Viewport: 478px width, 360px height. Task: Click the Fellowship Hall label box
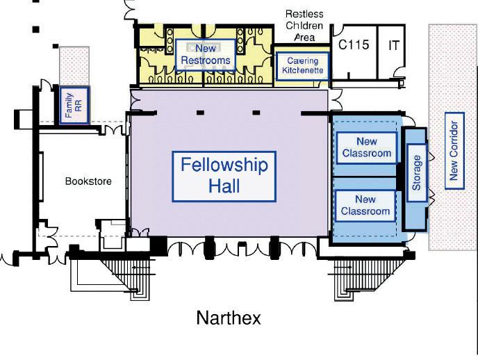[224, 177]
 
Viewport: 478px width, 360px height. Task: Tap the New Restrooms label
[205, 54]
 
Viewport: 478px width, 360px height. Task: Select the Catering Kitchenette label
[302, 65]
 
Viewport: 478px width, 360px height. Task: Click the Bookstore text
[88, 181]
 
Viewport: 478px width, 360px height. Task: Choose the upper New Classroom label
[366, 147]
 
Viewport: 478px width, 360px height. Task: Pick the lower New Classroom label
[365, 206]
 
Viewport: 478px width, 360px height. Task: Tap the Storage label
[416, 173]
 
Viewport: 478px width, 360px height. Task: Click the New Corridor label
[454, 150]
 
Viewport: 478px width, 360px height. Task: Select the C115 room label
[354, 45]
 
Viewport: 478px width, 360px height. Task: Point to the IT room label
[394, 45]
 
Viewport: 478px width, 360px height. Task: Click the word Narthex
[229, 318]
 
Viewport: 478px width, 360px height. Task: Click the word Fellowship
[224, 165]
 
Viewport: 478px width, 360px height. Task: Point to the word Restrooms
[205, 60]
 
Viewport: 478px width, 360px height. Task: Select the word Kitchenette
[302, 70]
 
